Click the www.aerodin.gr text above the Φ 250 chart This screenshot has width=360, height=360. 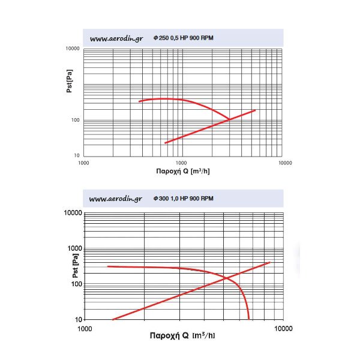coord(116,38)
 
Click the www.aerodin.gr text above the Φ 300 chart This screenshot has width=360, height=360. coord(115,199)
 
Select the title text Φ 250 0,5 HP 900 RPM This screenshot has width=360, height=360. coord(183,38)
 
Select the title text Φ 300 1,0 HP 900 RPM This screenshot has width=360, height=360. coord(183,199)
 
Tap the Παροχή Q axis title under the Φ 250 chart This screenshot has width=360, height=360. coord(183,171)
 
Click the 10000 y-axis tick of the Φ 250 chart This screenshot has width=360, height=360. coord(73,49)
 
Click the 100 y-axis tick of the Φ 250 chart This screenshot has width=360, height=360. coord(76,121)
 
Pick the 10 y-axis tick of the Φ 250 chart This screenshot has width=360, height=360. coord(77,156)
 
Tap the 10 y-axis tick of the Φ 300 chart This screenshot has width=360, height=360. coord(77,319)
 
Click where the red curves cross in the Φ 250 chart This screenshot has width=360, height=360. coord(229,119)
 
